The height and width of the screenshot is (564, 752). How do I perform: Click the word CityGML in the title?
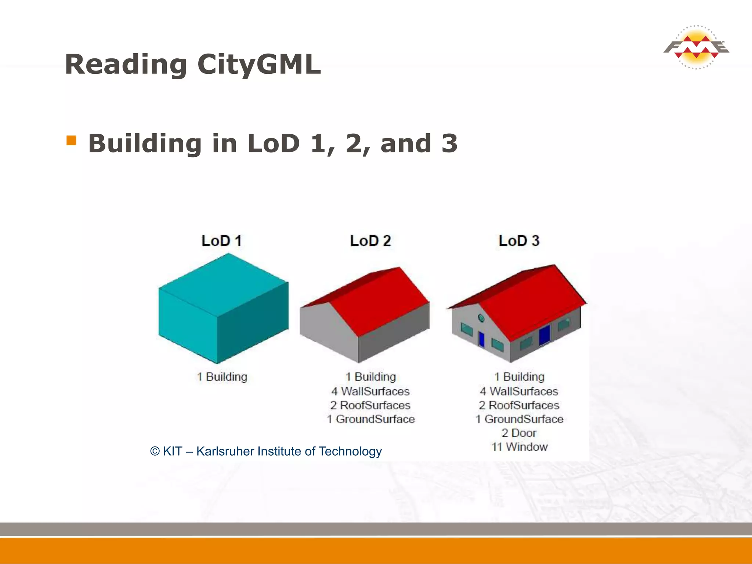[259, 64]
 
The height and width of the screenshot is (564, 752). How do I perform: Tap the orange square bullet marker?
[71, 141]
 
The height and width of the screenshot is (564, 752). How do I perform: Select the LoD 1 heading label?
[221, 241]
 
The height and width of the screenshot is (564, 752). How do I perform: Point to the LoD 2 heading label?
[370, 241]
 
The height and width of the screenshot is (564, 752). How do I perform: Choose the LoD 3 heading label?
[519, 241]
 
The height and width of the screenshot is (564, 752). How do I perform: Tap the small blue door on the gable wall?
[481, 339]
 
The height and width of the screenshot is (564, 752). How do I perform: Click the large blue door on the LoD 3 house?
[544, 335]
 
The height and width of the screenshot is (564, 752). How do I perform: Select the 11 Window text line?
[520, 447]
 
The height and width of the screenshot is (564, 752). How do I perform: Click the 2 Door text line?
[519, 433]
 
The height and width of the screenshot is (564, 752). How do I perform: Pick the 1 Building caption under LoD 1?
[222, 377]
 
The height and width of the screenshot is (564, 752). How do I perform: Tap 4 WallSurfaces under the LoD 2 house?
[370, 391]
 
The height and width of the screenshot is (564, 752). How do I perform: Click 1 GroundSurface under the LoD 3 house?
[519, 419]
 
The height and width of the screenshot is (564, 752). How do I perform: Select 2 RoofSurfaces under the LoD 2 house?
[370, 405]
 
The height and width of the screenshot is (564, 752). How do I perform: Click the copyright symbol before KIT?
[155, 451]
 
